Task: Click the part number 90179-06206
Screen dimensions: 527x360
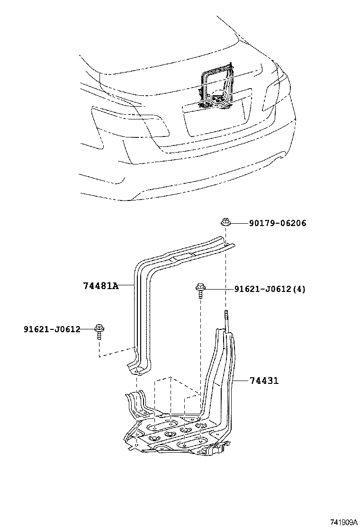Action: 277,223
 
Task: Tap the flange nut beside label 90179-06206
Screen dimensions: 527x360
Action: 225,222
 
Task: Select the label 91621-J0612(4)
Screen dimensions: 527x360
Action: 270,289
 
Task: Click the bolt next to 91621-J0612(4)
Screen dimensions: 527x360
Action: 200,290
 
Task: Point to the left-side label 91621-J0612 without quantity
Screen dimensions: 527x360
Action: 52,329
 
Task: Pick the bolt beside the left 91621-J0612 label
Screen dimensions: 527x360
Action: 99,330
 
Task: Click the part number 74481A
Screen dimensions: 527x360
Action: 100,286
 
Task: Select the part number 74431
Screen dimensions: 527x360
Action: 264,381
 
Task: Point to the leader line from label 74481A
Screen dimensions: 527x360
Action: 126,286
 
